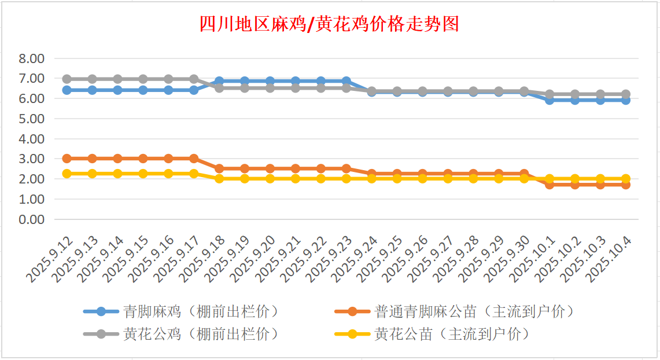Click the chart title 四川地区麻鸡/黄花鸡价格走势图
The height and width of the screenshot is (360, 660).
(329, 24)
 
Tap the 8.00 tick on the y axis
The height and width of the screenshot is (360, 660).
(31, 58)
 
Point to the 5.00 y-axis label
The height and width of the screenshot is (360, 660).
(31, 119)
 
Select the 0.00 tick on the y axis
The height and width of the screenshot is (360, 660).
(31, 219)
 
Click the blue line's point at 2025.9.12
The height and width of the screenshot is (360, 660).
(67, 90)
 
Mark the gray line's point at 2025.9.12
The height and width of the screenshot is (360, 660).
(67, 79)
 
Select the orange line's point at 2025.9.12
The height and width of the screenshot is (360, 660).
(67, 159)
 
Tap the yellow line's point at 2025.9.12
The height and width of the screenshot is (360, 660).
(67, 174)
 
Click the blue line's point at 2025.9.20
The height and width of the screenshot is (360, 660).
(270, 81)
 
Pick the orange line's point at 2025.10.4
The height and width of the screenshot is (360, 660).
(626, 185)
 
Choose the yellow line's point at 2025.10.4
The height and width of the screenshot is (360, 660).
(626, 179)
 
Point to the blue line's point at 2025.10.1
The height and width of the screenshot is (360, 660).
(550, 100)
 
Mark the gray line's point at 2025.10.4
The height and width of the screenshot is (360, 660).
(626, 94)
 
